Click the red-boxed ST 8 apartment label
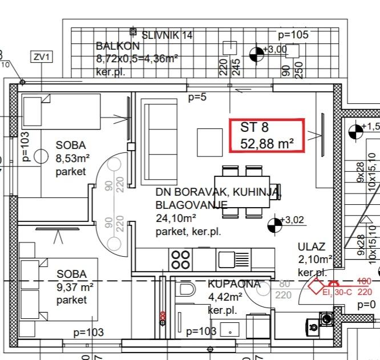(267, 135)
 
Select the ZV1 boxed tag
(42, 56)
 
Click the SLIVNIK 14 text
(167, 35)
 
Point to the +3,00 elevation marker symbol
(257, 54)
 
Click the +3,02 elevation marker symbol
(274, 225)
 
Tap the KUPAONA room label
(234, 284)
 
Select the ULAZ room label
(312, 247)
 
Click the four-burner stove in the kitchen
(181, 260)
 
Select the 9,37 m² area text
(75, 287)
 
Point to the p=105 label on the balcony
(293, 35)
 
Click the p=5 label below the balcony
(197, 98)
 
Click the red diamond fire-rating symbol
(316, 285)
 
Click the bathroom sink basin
(231, 329)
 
